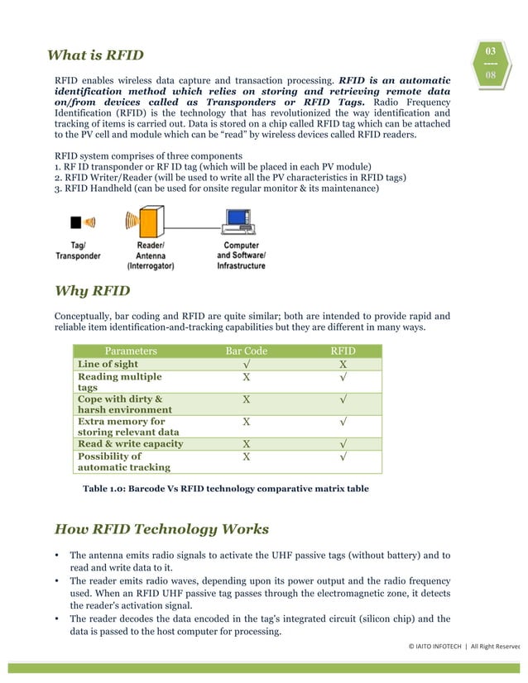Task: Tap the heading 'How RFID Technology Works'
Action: (161, 529)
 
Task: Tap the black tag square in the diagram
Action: (75, 222)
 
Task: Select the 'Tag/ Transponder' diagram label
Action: (78, 251)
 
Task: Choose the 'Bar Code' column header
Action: (246, 351)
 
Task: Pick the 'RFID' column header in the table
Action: (343, 351)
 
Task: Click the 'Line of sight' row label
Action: (108, 364)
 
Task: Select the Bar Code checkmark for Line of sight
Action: (246, 364)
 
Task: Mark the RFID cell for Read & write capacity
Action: (343, 443)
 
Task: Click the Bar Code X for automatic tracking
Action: (246, 456)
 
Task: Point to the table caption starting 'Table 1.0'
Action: (225, 490)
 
